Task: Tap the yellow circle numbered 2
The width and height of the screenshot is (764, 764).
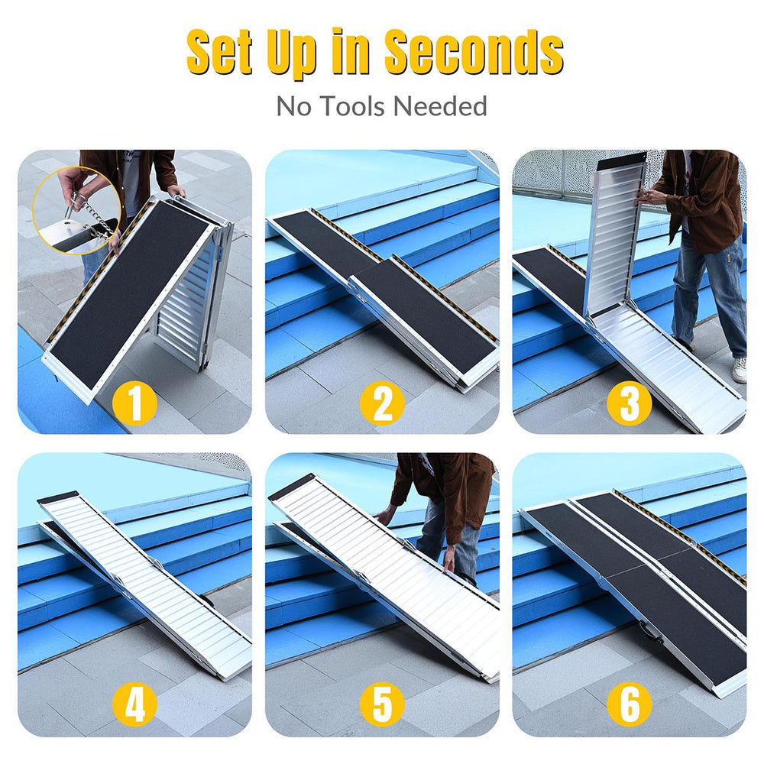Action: click(382, 403)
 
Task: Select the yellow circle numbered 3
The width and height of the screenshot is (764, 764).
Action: click(629, 403)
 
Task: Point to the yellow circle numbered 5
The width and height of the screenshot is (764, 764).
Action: click(382, 704)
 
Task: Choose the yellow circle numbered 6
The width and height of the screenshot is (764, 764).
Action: click(629, 704)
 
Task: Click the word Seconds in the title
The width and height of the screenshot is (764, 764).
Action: click(474, 52)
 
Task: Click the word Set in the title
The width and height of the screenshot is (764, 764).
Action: click(225, 52)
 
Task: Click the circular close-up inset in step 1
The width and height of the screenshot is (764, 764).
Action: click(76, 211)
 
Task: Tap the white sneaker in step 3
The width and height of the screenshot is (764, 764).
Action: click(739, 370)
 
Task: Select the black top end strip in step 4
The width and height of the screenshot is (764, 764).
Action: click(58, 497)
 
